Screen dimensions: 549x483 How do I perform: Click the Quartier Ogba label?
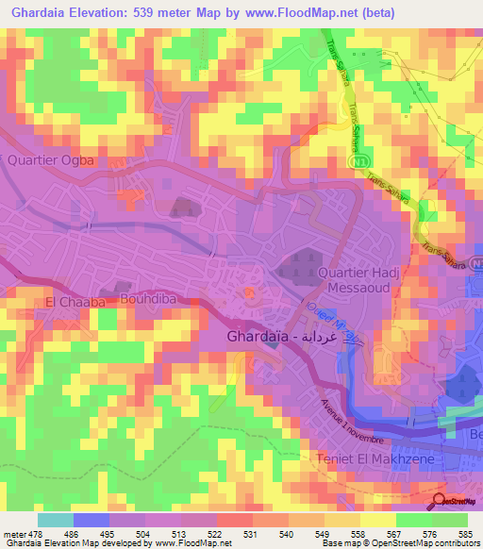[x=51, y=160]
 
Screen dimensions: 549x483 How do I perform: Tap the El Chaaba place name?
[x=70, y=303]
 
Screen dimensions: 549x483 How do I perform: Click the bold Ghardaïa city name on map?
[x=260, y=336]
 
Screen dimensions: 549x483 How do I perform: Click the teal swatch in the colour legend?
[x=56, y=520]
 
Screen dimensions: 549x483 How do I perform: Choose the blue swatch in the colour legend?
[x=92, y=520]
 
